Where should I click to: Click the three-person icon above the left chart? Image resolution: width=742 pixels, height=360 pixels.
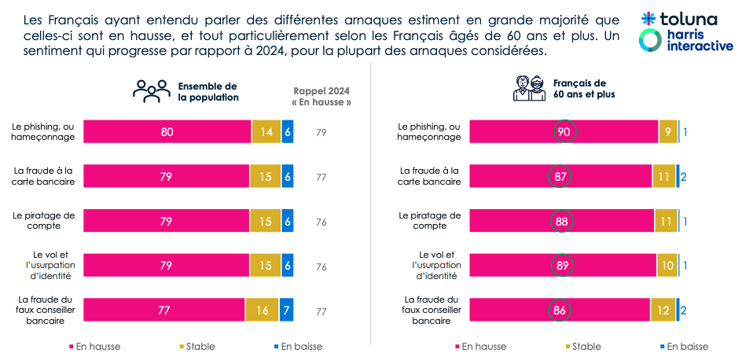tap(151, 91)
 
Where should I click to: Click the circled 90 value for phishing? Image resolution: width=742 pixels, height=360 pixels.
tap(563, 132)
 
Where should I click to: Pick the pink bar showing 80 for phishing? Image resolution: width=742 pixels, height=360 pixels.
tap(167, 132)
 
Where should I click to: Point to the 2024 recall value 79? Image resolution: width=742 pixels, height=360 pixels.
tap(321, 133)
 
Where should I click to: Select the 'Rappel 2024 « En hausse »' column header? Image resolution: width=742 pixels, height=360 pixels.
tap(321, 97)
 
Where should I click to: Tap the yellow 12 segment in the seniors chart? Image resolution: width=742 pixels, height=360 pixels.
tap(663, 310)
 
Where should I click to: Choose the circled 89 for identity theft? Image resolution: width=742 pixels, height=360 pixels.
tap(563, 266)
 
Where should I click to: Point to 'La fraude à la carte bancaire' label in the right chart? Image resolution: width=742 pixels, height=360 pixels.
tap(430, 176)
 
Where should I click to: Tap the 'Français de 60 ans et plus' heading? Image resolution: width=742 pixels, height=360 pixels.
tap(584, 88)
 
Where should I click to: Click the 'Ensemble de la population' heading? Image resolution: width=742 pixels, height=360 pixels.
tap(208, 91)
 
